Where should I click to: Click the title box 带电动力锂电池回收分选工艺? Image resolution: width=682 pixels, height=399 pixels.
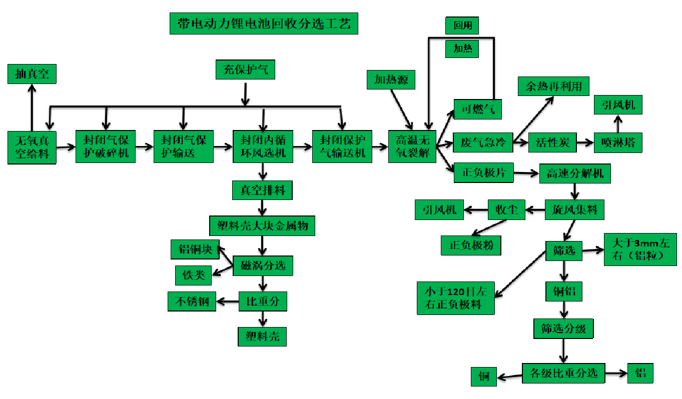click(x=264, y=23)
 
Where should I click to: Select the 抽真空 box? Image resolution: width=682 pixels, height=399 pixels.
click(x=32, y=73)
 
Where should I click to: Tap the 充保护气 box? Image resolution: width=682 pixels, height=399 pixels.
click(x=245, y=69)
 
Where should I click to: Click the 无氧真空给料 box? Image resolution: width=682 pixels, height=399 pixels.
click(x=32, y=147)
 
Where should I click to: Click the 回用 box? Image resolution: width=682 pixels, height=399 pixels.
click(x=462, y=25)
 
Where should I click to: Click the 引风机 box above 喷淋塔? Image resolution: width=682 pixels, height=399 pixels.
click(x=617, y=105)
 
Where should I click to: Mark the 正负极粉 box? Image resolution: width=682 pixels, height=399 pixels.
click(x=470, y=245)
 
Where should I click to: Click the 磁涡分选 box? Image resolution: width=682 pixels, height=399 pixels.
click(x=263, y=265)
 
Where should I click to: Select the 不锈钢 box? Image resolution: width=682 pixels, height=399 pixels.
click(x=192, y=301)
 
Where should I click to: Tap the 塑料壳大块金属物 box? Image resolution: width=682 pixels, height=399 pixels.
click(x=262, y=226)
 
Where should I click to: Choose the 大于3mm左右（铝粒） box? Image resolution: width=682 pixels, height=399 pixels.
click(x=640, y=249)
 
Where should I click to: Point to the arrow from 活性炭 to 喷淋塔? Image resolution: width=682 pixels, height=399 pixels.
click(x=585, y=142)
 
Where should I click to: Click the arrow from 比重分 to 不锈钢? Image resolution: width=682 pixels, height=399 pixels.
click(x=227, y=301)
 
